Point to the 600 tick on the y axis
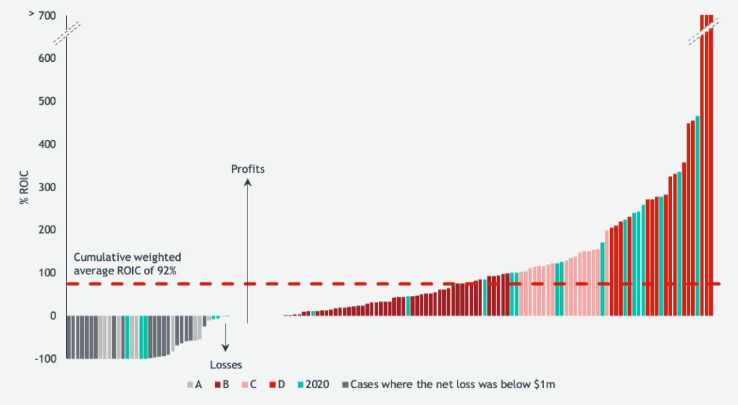tap(47, 58)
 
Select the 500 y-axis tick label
tap(47, 101)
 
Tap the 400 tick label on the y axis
tap(47, 144)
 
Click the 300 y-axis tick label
tap(47, 187)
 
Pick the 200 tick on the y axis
tap(47, 230)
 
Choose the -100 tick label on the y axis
tap(46, 359)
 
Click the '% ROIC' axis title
tap(25, 187)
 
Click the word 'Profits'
tap(248, 169)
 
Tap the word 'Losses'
tap(226, 365)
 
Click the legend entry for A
tap(195, 385)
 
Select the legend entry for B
tap(222, 385)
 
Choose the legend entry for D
tap(277, 385)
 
